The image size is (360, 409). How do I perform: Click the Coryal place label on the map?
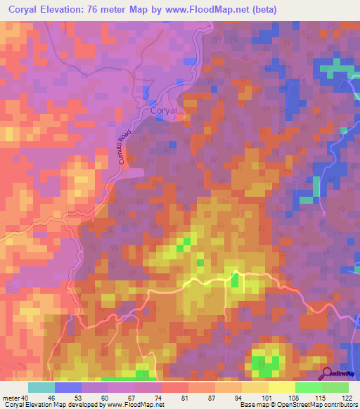166,110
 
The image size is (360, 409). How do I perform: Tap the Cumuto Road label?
118,150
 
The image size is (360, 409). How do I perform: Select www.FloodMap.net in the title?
204,10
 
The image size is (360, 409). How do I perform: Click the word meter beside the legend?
10,398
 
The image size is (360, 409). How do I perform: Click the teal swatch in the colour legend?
41,387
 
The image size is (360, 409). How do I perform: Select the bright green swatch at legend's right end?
335,387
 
